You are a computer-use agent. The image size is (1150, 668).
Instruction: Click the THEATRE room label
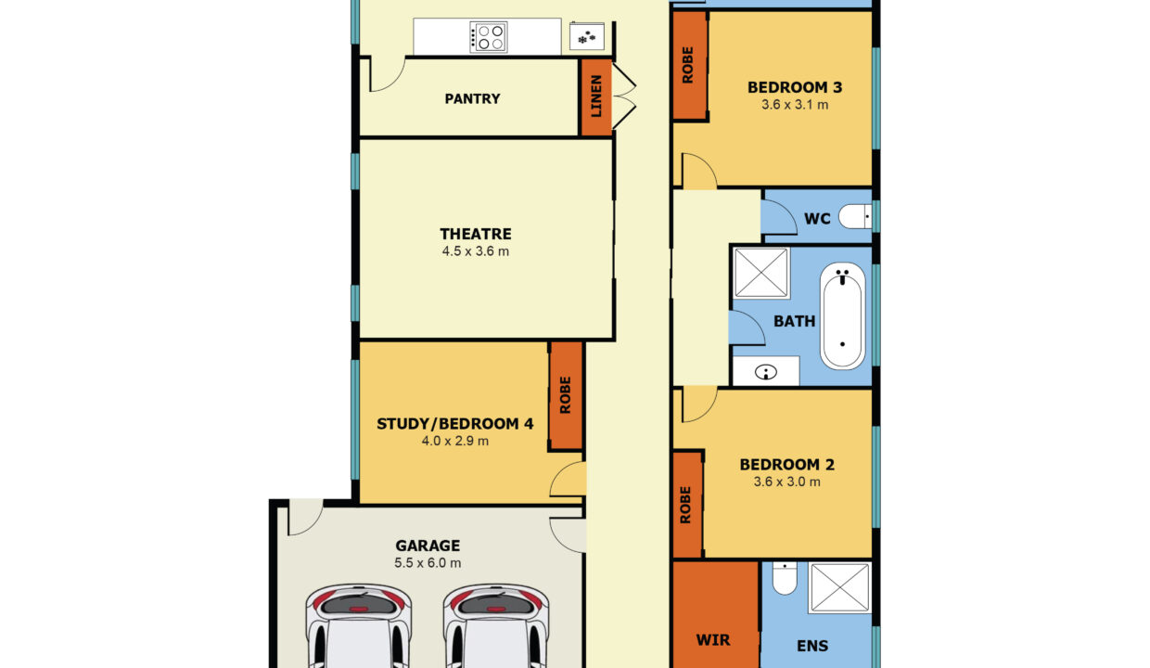[476, 234]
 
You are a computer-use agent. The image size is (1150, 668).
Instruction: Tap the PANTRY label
[472, 98]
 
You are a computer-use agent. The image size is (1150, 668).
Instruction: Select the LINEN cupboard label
[596, 96]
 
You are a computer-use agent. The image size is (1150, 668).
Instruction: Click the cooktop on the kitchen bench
[488, 37]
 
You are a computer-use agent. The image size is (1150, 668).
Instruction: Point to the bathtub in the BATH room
[842, 315]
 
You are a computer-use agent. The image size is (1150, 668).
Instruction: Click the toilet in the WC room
[855, 216]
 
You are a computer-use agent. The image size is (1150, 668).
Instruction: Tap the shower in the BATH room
[761, 273]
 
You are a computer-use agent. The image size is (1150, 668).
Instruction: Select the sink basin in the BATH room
[765, 371]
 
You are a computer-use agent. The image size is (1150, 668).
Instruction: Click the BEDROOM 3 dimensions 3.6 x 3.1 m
[795, 105]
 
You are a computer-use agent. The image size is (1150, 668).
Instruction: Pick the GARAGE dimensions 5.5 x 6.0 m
[428, 563]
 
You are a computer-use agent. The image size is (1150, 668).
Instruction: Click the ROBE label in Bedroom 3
[688, 65]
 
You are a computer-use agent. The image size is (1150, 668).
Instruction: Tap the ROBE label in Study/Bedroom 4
[565, 395]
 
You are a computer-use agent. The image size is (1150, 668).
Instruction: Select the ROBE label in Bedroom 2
[685, 506]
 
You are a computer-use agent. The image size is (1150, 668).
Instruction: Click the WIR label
[713, 640]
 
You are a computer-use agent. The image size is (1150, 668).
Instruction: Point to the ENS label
[812, 646]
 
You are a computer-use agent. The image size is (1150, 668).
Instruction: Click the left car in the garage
[358, 626]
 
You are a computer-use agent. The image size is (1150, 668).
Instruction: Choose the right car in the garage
[496, 626]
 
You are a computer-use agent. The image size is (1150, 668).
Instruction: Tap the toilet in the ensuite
[785, 578]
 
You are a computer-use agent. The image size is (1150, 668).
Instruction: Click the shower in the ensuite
[840, 587]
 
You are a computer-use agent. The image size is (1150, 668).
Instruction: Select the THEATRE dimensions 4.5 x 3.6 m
[476, 251]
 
